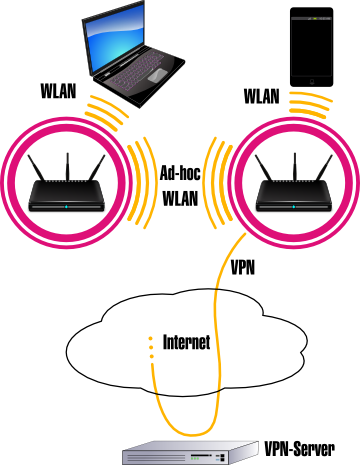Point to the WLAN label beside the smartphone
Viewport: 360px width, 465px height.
point(262,97)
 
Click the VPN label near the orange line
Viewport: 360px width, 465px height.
point(243,268)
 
